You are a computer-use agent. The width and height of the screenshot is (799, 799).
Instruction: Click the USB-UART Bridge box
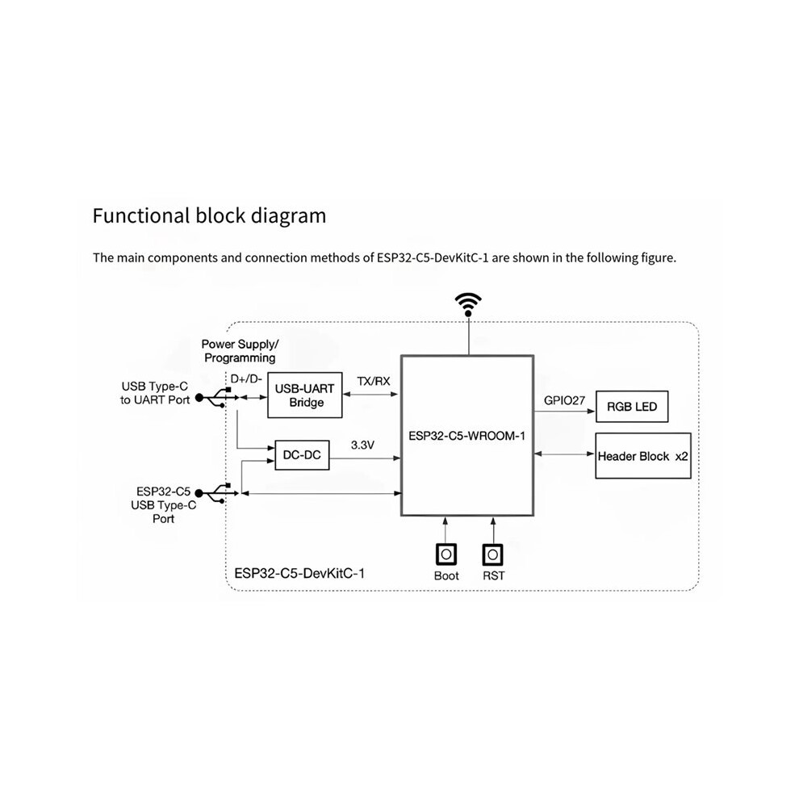(305, 395)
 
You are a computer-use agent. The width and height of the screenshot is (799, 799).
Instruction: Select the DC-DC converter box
(302, 455)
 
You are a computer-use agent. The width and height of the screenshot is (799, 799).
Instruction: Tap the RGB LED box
(632, 407)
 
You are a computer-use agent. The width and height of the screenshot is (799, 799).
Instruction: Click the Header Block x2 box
(643, 456)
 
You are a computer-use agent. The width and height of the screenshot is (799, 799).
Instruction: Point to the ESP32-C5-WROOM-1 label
(466, 436)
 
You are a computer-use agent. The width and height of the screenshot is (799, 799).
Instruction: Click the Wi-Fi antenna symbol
(468, 305)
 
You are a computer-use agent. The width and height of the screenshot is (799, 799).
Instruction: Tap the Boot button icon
(446, 554)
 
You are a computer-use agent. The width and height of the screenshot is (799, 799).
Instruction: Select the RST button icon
(493, 554)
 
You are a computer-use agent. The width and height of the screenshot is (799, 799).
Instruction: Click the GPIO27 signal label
(564, 400)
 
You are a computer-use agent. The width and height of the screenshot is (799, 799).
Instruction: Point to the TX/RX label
(374, 381)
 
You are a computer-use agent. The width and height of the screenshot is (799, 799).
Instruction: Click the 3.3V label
(362, 446)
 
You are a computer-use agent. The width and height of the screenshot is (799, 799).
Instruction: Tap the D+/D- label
(246, 379)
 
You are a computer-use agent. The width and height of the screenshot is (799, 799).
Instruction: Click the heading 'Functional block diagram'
(209, 215)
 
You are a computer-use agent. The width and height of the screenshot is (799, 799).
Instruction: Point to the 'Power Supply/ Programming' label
(240, 351)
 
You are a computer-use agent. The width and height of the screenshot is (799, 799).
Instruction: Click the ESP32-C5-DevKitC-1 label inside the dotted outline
(299, 574)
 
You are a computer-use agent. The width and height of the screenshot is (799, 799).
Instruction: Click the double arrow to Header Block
(565, 454)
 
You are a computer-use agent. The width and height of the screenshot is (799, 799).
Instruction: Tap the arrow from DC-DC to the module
(366, 458)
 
